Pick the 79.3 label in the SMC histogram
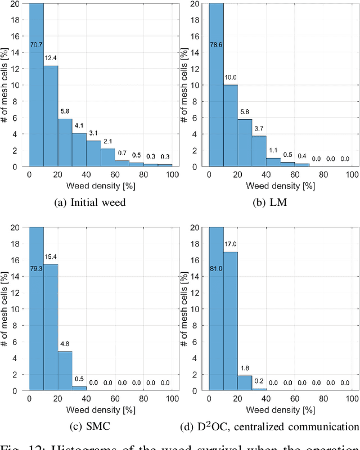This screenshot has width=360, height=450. pos(37,268)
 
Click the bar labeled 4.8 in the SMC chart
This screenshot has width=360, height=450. pos(65,371)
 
